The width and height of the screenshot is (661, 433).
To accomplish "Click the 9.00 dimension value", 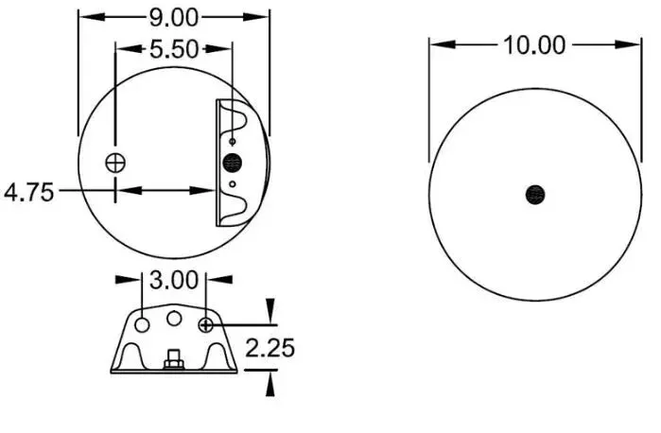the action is tap(174, 18).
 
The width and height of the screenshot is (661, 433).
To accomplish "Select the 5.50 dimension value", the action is tap(174, 49).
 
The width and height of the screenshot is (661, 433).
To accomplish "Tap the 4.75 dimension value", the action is tap(29, 192).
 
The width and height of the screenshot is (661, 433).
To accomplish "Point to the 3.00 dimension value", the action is tap(174, 280).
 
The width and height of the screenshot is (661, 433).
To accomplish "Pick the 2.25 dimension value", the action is tap(270, 348).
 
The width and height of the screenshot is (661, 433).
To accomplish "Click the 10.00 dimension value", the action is tap(534, 45).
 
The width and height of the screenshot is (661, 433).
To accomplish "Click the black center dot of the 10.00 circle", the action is tap(535, 195).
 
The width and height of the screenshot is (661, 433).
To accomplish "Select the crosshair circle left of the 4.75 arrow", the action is tap(115, 163).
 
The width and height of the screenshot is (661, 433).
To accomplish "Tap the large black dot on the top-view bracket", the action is tap(232, 163).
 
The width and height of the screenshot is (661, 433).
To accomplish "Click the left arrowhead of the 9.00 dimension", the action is tap(92, 17).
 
